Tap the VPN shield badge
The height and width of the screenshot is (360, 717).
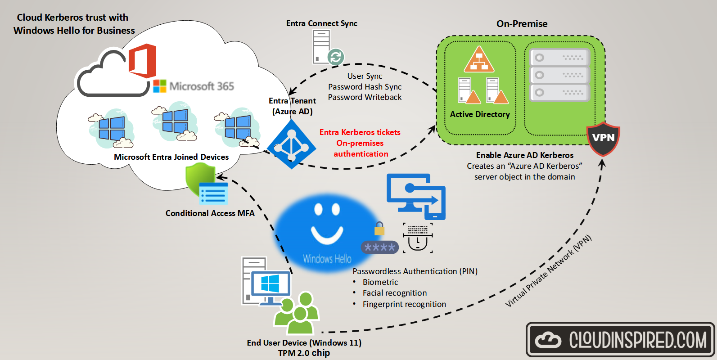coord(603,138)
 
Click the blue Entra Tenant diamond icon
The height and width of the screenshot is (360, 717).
coord(291,144)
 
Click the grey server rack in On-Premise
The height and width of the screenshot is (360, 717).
coord(559,75)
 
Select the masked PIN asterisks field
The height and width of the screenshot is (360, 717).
coord(379,247)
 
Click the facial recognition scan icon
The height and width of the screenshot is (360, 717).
coord(418,238)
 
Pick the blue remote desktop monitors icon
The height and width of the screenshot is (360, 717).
coord(416,196)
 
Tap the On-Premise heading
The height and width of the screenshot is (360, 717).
coord(522,24)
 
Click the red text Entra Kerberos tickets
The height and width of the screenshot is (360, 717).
coord(360,132)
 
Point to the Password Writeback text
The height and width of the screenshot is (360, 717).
coord(365,97)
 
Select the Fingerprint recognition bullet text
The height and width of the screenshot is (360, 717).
coord(404,304)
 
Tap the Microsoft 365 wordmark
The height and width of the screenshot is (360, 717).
coord(201,86)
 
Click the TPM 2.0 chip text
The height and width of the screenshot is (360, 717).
coord(304,353)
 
